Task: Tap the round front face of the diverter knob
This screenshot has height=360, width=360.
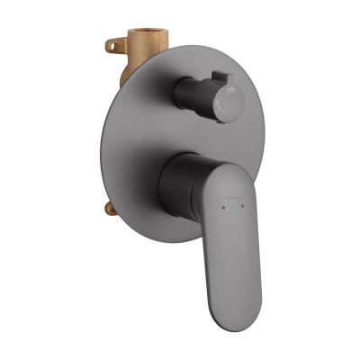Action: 227,97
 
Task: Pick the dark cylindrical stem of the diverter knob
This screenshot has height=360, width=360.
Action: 192,91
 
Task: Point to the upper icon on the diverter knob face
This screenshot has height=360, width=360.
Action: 230,90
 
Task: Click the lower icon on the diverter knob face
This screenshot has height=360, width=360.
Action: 229,106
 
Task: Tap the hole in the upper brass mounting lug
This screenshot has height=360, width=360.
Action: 113,42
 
